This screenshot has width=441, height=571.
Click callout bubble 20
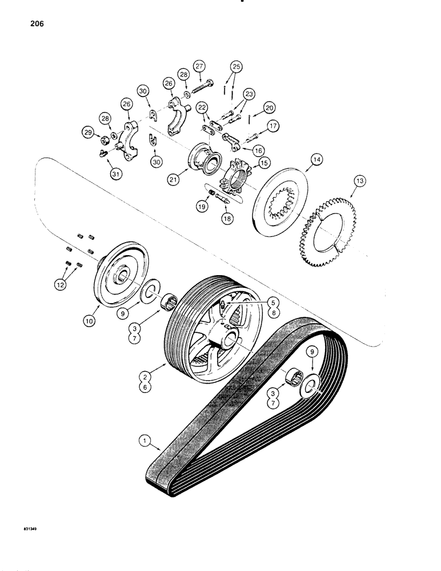[x=269, y=107]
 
